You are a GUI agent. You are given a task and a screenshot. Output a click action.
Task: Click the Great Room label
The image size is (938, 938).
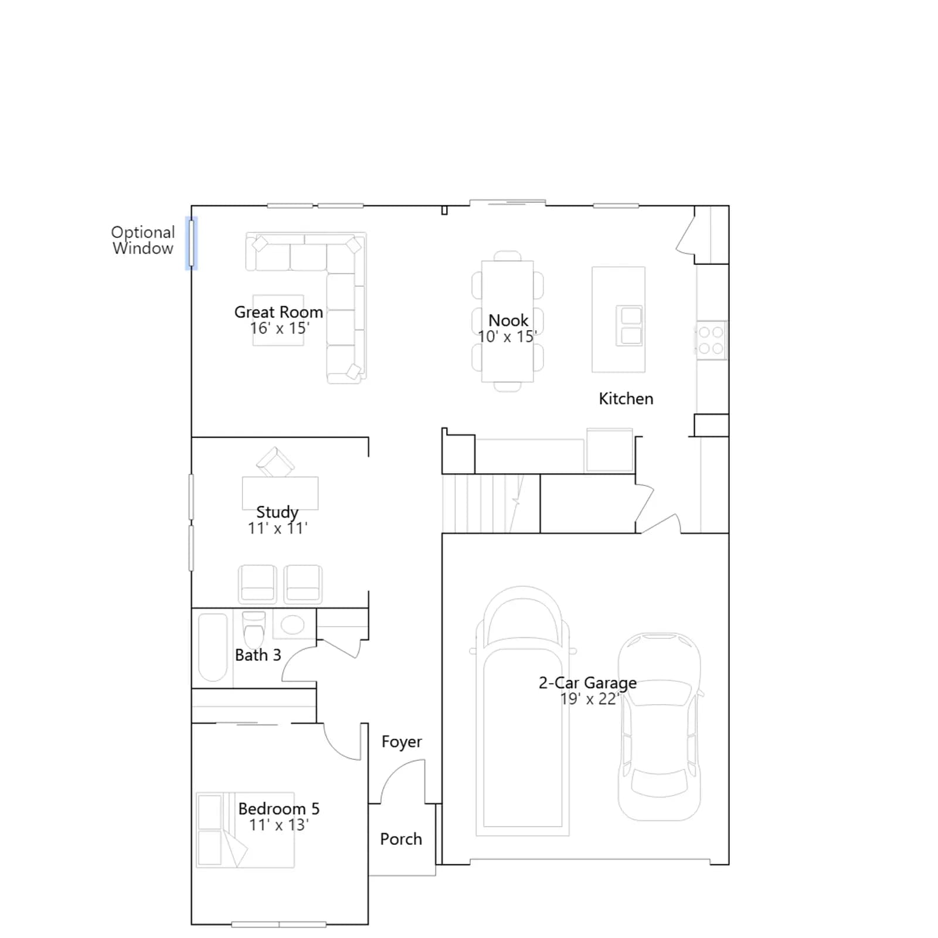(278, 312)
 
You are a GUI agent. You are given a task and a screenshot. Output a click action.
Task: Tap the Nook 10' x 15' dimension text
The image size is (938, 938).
(507, 337)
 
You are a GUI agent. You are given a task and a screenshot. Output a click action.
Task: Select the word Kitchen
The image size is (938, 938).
(626, 399)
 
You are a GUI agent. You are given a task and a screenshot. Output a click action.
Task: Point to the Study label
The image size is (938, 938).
(277, 512)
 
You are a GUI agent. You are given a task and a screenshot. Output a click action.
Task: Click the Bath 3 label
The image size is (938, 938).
(258, 655)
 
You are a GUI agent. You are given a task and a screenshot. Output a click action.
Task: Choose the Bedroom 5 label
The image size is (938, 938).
(278, 808)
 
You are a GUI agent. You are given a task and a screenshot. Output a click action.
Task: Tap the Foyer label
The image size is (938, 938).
(402, 742)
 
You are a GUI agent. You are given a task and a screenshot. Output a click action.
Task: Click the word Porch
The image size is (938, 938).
(401, 839)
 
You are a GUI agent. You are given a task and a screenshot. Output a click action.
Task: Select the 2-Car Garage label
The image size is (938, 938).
(587, 682)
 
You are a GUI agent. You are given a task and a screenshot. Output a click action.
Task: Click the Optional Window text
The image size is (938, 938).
(143, 240)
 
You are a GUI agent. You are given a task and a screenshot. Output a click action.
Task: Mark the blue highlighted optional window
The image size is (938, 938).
(191, 243)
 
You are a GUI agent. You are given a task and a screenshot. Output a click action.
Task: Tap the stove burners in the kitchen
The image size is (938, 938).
(711, 340)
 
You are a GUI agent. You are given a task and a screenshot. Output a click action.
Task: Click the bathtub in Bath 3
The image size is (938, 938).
(213, 647)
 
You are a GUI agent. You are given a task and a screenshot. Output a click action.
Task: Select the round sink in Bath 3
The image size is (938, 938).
(293, 624)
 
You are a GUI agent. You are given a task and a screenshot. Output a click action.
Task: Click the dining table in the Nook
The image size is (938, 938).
(507, 321)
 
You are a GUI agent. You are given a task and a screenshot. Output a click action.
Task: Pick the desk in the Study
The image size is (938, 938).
(280, 493)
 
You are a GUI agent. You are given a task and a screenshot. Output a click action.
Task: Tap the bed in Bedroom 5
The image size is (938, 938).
(245, 830)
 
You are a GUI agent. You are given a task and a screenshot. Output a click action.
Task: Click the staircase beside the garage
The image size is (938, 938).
(491, 504)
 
